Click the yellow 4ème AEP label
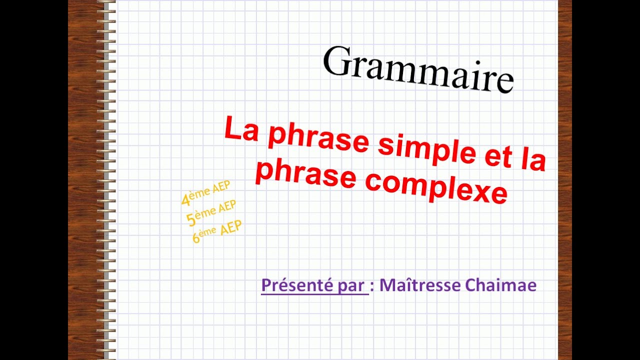pos(205,192)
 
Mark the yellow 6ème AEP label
pos(217,231)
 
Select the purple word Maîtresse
pos(420,285)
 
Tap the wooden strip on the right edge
pos(564,180)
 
